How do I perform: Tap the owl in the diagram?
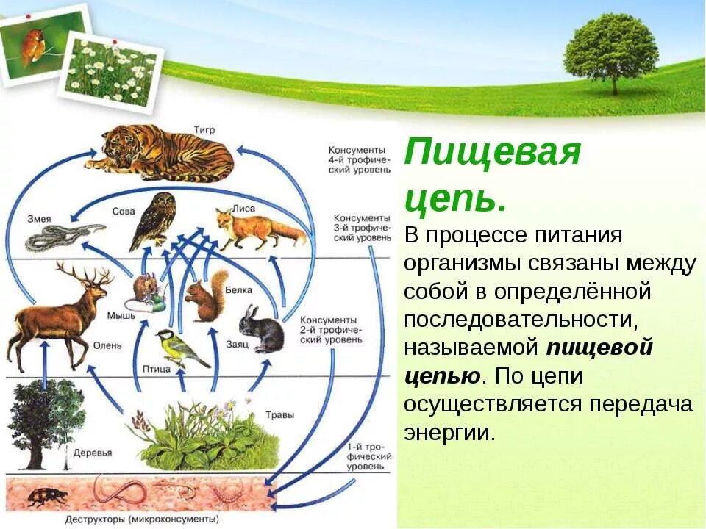pos(155,220)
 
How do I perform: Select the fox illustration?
pos(257,228)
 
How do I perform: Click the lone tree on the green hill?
pos(610,51)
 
